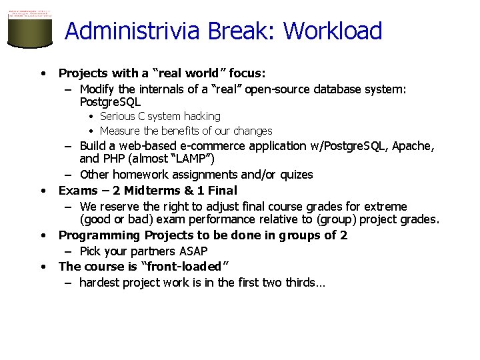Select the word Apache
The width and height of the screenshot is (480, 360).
pos(414,146)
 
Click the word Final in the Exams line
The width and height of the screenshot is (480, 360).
pos(221,191)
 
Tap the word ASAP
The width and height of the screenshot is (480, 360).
pos(193,251)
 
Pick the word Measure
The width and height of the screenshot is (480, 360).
pos(120,131)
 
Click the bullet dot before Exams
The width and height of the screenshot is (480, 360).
pos(43,191)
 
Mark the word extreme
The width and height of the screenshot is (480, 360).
pos(386,207)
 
